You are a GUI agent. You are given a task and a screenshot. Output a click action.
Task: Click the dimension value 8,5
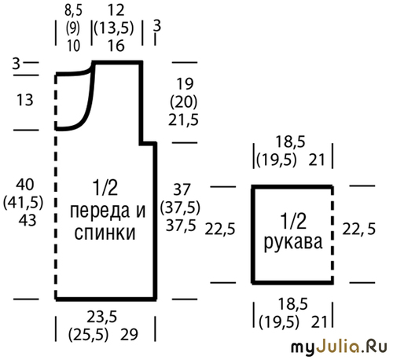(x=73, y=10)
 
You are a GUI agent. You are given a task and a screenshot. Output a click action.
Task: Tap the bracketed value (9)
(x=73, y=28)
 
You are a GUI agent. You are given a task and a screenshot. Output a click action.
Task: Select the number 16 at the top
(x=116, y=46)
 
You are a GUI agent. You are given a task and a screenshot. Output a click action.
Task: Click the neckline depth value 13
(x=25, y=100)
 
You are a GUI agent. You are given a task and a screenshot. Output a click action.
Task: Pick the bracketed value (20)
(x=183, y=102)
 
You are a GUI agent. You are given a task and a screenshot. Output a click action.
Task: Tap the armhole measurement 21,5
(x=183, y=120)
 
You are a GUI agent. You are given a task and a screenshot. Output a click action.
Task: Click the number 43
(x=28, y=220)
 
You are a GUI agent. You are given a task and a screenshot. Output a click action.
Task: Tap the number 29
(x=129, y=335)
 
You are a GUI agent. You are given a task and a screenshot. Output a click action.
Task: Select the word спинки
(x=105, y=233)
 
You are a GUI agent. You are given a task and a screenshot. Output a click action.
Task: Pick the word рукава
(x=293, y=242)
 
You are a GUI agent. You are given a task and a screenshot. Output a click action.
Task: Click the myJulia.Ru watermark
(x=339, y=347)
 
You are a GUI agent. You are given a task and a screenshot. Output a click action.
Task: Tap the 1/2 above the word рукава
(x=293, y=222)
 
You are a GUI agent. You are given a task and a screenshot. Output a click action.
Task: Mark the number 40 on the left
(x=25, y=185)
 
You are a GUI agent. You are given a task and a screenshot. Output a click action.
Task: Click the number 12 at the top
(x=116, y=10)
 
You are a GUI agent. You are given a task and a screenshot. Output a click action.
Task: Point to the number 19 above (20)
(x=185, y=84)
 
